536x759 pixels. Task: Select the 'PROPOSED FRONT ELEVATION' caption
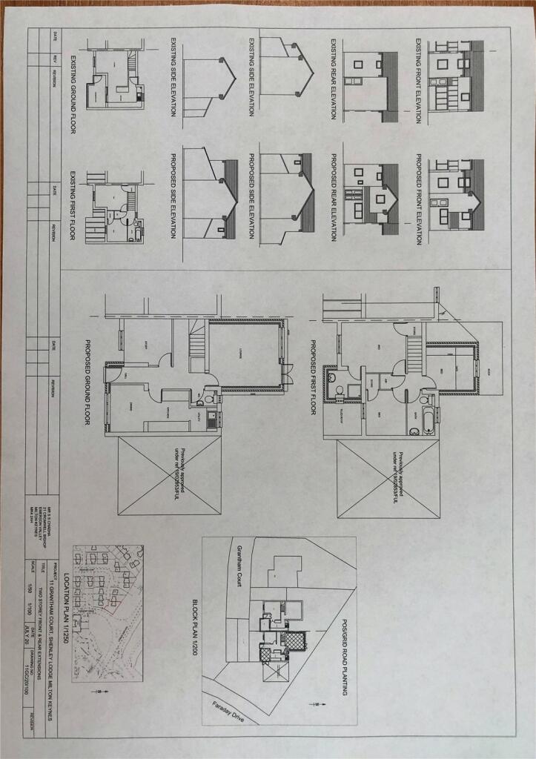[x=418, y=199]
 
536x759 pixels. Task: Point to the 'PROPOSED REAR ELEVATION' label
[x=334, y=199]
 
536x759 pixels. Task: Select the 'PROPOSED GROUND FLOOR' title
[x=89, y=383]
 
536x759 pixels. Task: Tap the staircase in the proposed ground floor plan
[x=196, y=345]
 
